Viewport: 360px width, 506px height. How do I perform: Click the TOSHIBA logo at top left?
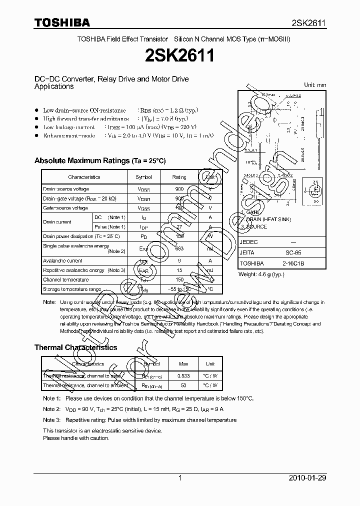[x=62, y=22]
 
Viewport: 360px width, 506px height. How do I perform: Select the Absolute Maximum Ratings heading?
[x=99, y=160]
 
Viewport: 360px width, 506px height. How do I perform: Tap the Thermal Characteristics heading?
[x=75, y=347]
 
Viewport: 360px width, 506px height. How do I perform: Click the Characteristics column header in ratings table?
[x=84, y=177]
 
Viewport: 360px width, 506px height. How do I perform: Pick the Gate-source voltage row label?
[x=65, y=207]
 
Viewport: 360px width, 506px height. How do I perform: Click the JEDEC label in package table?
[x=249, y=241]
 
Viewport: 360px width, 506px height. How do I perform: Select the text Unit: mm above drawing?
[x=315, y=85]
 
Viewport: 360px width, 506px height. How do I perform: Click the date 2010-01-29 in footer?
[x=308, y=478]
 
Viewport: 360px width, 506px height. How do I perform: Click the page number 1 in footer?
[x=180, y=478]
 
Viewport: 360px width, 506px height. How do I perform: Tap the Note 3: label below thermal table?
[x=51, y=420]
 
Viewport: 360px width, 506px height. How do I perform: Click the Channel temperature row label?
[x=65, y=279]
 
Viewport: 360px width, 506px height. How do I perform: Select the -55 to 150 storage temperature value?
[x=179, y=289]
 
